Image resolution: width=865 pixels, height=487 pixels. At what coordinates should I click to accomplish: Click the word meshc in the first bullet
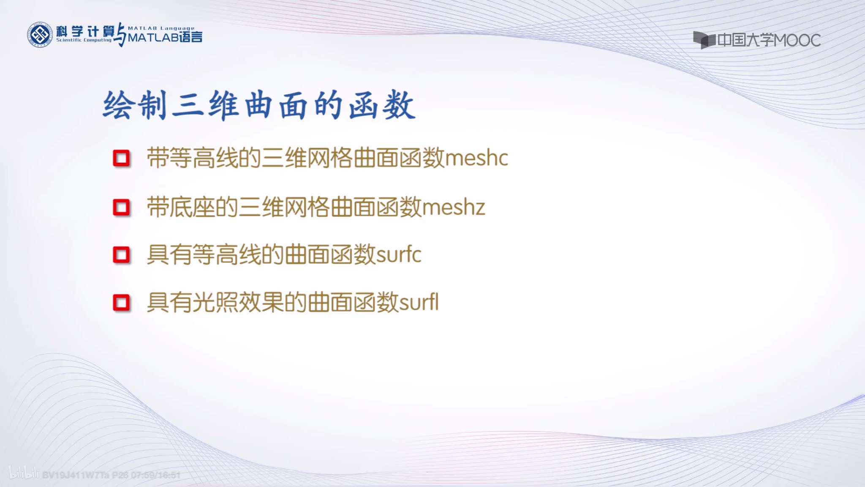[x=476, y=159]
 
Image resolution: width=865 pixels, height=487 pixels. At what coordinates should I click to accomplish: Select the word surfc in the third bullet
[x=398, y=255]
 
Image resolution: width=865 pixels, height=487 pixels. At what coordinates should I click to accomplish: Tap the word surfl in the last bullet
[x=419, y=303]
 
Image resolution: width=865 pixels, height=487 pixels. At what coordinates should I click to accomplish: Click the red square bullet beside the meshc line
[x=121, y=159]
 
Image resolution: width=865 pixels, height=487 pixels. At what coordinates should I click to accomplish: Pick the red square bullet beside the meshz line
[x=121, y=208]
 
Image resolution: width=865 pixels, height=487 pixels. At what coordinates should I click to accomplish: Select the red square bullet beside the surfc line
[x=121, y=255]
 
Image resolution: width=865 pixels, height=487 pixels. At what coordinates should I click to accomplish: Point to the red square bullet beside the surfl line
[x=121, y=303]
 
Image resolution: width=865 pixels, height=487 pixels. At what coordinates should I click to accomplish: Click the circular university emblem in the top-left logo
[x=40, y=35]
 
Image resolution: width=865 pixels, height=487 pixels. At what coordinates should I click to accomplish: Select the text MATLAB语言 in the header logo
[x=165, y=38]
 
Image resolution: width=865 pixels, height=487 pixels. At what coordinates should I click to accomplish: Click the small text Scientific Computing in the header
[x=84, y=40]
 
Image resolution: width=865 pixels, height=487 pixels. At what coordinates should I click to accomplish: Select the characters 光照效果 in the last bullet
[x=238, y=303]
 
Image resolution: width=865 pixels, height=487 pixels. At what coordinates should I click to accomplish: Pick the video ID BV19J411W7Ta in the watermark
[x=76, y=475]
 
